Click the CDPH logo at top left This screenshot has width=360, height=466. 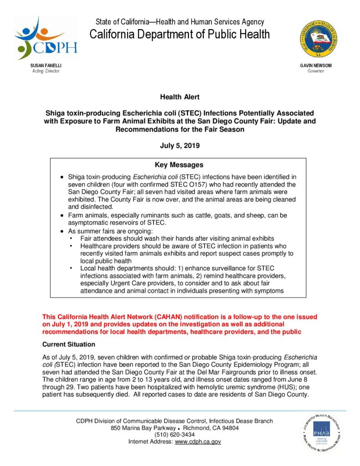point(46,39)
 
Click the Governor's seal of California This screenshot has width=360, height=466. point(319,39)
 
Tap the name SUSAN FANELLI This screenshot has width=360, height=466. point(46,66)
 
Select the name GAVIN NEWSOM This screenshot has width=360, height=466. point(316,66)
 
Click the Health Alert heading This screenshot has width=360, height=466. point(179,96)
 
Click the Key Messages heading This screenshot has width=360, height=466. point(179,165)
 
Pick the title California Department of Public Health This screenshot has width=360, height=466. point(179,35)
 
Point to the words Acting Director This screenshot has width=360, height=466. point(46,71)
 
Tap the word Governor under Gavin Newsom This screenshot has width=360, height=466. point(316,71)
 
